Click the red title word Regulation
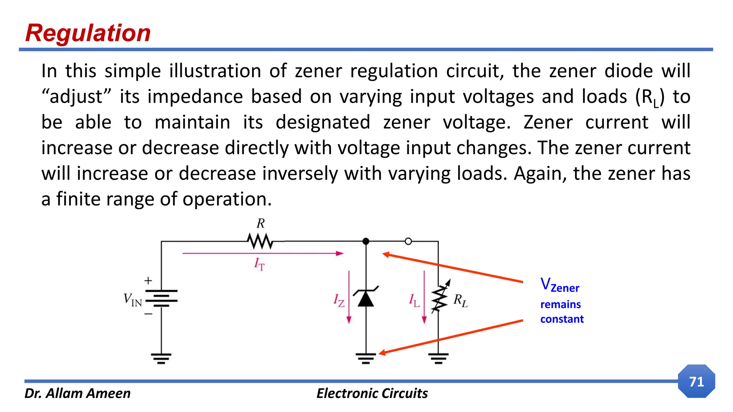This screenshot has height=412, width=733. [x=88, y=33]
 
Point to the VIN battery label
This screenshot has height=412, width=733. [x=133, y=299]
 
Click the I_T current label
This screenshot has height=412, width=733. [x=259, y=264]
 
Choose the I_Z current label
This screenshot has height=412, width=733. [x=339, y=300]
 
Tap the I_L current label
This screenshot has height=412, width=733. [x=414, y=300]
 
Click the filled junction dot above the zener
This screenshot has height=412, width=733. [x=366, y=241]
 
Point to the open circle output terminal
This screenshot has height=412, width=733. [x=408, y=241]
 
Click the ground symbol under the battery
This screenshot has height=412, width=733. [x=161, y=358]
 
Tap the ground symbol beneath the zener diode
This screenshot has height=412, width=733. [x=366, y=358]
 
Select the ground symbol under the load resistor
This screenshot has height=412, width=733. [x=438, y=358]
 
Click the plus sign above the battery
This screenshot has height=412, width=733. [x=148, y=281]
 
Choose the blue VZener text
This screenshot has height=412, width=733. [x=559, y=285]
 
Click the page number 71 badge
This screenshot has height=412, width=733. [x=696, y=381]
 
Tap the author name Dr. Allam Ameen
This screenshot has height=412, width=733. [x=77, y=393]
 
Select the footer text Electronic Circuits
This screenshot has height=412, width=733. [x=372, y=393]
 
